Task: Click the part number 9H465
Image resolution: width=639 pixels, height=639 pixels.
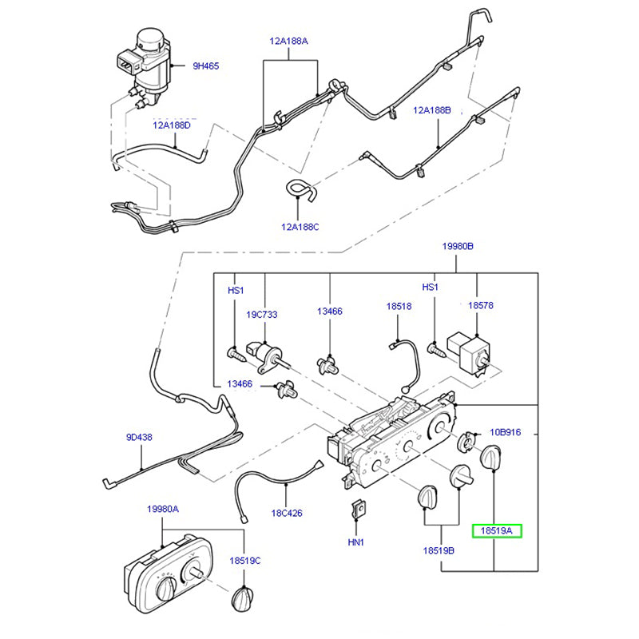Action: point(206,66)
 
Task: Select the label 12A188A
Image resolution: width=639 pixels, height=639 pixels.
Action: point(288,39)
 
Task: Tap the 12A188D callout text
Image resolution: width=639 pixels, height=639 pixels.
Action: point(173,125)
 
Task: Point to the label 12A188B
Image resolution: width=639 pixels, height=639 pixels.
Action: point(432,110)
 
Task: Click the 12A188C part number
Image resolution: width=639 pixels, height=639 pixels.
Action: point(300,227)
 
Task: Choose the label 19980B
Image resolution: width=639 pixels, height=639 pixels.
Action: point(458,247)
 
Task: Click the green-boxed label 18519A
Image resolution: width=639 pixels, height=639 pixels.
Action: point(496,530)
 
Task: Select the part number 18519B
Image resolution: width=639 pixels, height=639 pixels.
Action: point(439,551)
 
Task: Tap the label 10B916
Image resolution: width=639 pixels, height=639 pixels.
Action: point(505,431)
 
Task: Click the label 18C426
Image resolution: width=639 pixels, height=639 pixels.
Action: point(287,513)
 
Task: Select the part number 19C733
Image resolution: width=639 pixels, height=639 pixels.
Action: point(261,315)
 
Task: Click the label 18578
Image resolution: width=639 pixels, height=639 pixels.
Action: point(481,305)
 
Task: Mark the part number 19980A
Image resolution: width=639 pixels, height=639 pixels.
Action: point(162,509)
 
